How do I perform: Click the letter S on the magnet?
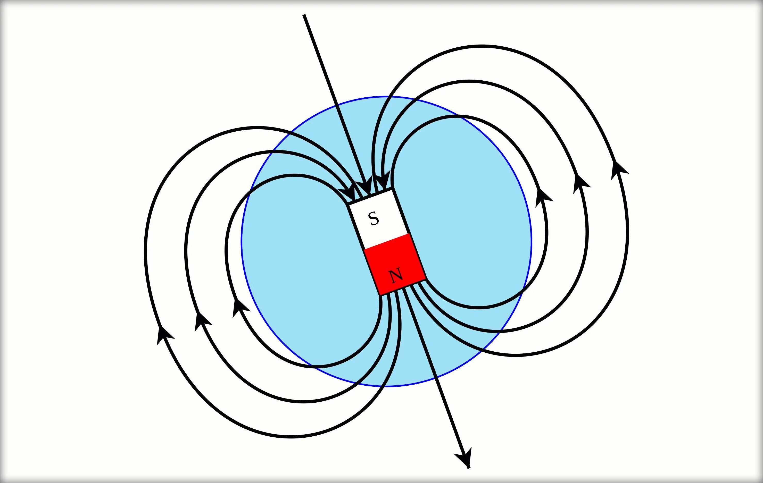(374, 218)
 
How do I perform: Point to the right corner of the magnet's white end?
(393, 189)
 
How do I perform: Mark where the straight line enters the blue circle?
(336, 104)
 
